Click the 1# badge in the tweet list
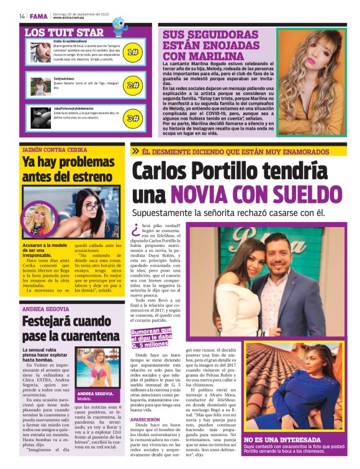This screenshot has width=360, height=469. tap(132, 53)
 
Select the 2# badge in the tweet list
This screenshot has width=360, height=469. tap(132, 85)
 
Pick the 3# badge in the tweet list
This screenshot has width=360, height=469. tap(132, 117)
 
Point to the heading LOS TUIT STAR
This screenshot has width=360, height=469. tap(64, 32)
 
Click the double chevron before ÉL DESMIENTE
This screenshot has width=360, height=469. tap(135, 150)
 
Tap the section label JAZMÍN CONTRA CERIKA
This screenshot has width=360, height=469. tap(54, 150)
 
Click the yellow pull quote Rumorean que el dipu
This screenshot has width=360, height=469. tap(158, 337)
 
